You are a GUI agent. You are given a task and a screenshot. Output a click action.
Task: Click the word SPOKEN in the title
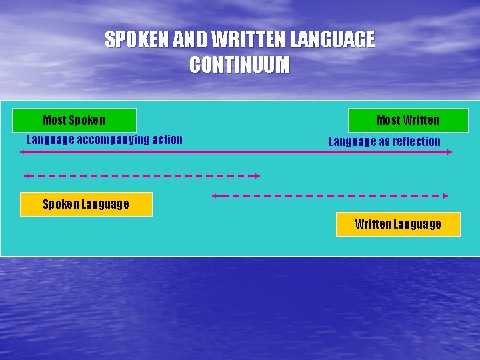[137, 40]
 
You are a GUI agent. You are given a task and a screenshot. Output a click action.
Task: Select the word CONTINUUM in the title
[239, 65]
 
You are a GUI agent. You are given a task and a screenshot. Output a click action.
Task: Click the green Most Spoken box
[75, 120]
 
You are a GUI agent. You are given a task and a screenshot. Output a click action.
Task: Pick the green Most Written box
[408, 120]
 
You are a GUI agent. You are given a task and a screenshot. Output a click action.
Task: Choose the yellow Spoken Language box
[86, 204]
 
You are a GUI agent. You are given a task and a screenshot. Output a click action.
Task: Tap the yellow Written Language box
[398, 224]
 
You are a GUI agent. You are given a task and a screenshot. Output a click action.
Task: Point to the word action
[167, 139]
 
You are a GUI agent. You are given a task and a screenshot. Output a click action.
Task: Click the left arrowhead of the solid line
[23, 152]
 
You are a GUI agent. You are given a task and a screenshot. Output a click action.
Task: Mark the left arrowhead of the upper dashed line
[26, 176]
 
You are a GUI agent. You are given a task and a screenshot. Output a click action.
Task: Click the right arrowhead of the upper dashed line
[257, 176]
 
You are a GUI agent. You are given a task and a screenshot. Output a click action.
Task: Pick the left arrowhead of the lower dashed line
[215, 196]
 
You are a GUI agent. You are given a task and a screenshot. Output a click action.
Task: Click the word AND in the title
[189, 40]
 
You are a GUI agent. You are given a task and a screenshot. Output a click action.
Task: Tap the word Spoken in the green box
[87, 120]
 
